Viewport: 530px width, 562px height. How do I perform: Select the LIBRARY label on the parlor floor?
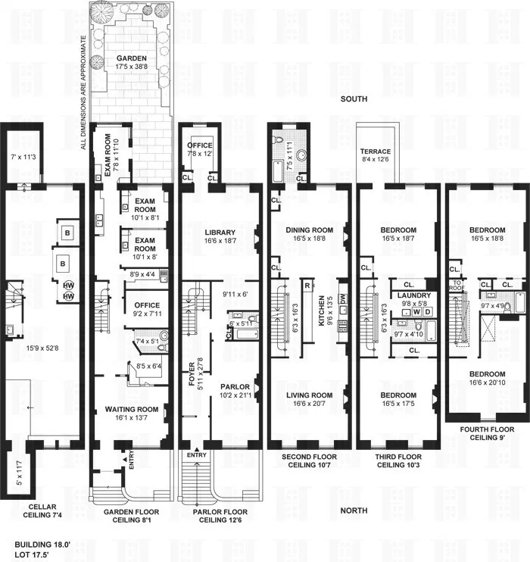click(220, 233)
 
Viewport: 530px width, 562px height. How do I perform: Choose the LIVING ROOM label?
click(309, 395)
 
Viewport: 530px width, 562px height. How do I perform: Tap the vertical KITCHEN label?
click(321, 311)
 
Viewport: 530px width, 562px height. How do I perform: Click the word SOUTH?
click(353, 100)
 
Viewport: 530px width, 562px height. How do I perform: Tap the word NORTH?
click(353, 510)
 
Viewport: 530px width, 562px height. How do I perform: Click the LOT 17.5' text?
click(34, 554)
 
